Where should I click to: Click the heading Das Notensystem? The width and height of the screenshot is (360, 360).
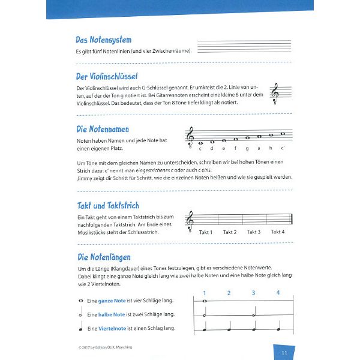103,40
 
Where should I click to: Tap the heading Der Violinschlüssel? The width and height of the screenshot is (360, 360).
107,77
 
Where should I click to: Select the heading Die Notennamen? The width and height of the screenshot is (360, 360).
102,129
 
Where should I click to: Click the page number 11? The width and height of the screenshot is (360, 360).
284,352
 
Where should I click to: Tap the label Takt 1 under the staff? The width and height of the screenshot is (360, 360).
206,232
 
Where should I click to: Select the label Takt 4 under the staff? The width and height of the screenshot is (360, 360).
277,232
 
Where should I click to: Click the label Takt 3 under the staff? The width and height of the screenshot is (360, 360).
254,232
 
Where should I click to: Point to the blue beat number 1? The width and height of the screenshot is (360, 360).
204,293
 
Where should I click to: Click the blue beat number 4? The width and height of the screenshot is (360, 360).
278,293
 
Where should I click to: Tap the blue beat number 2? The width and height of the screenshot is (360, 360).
229,293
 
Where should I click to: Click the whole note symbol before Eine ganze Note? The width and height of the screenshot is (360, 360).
80,301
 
